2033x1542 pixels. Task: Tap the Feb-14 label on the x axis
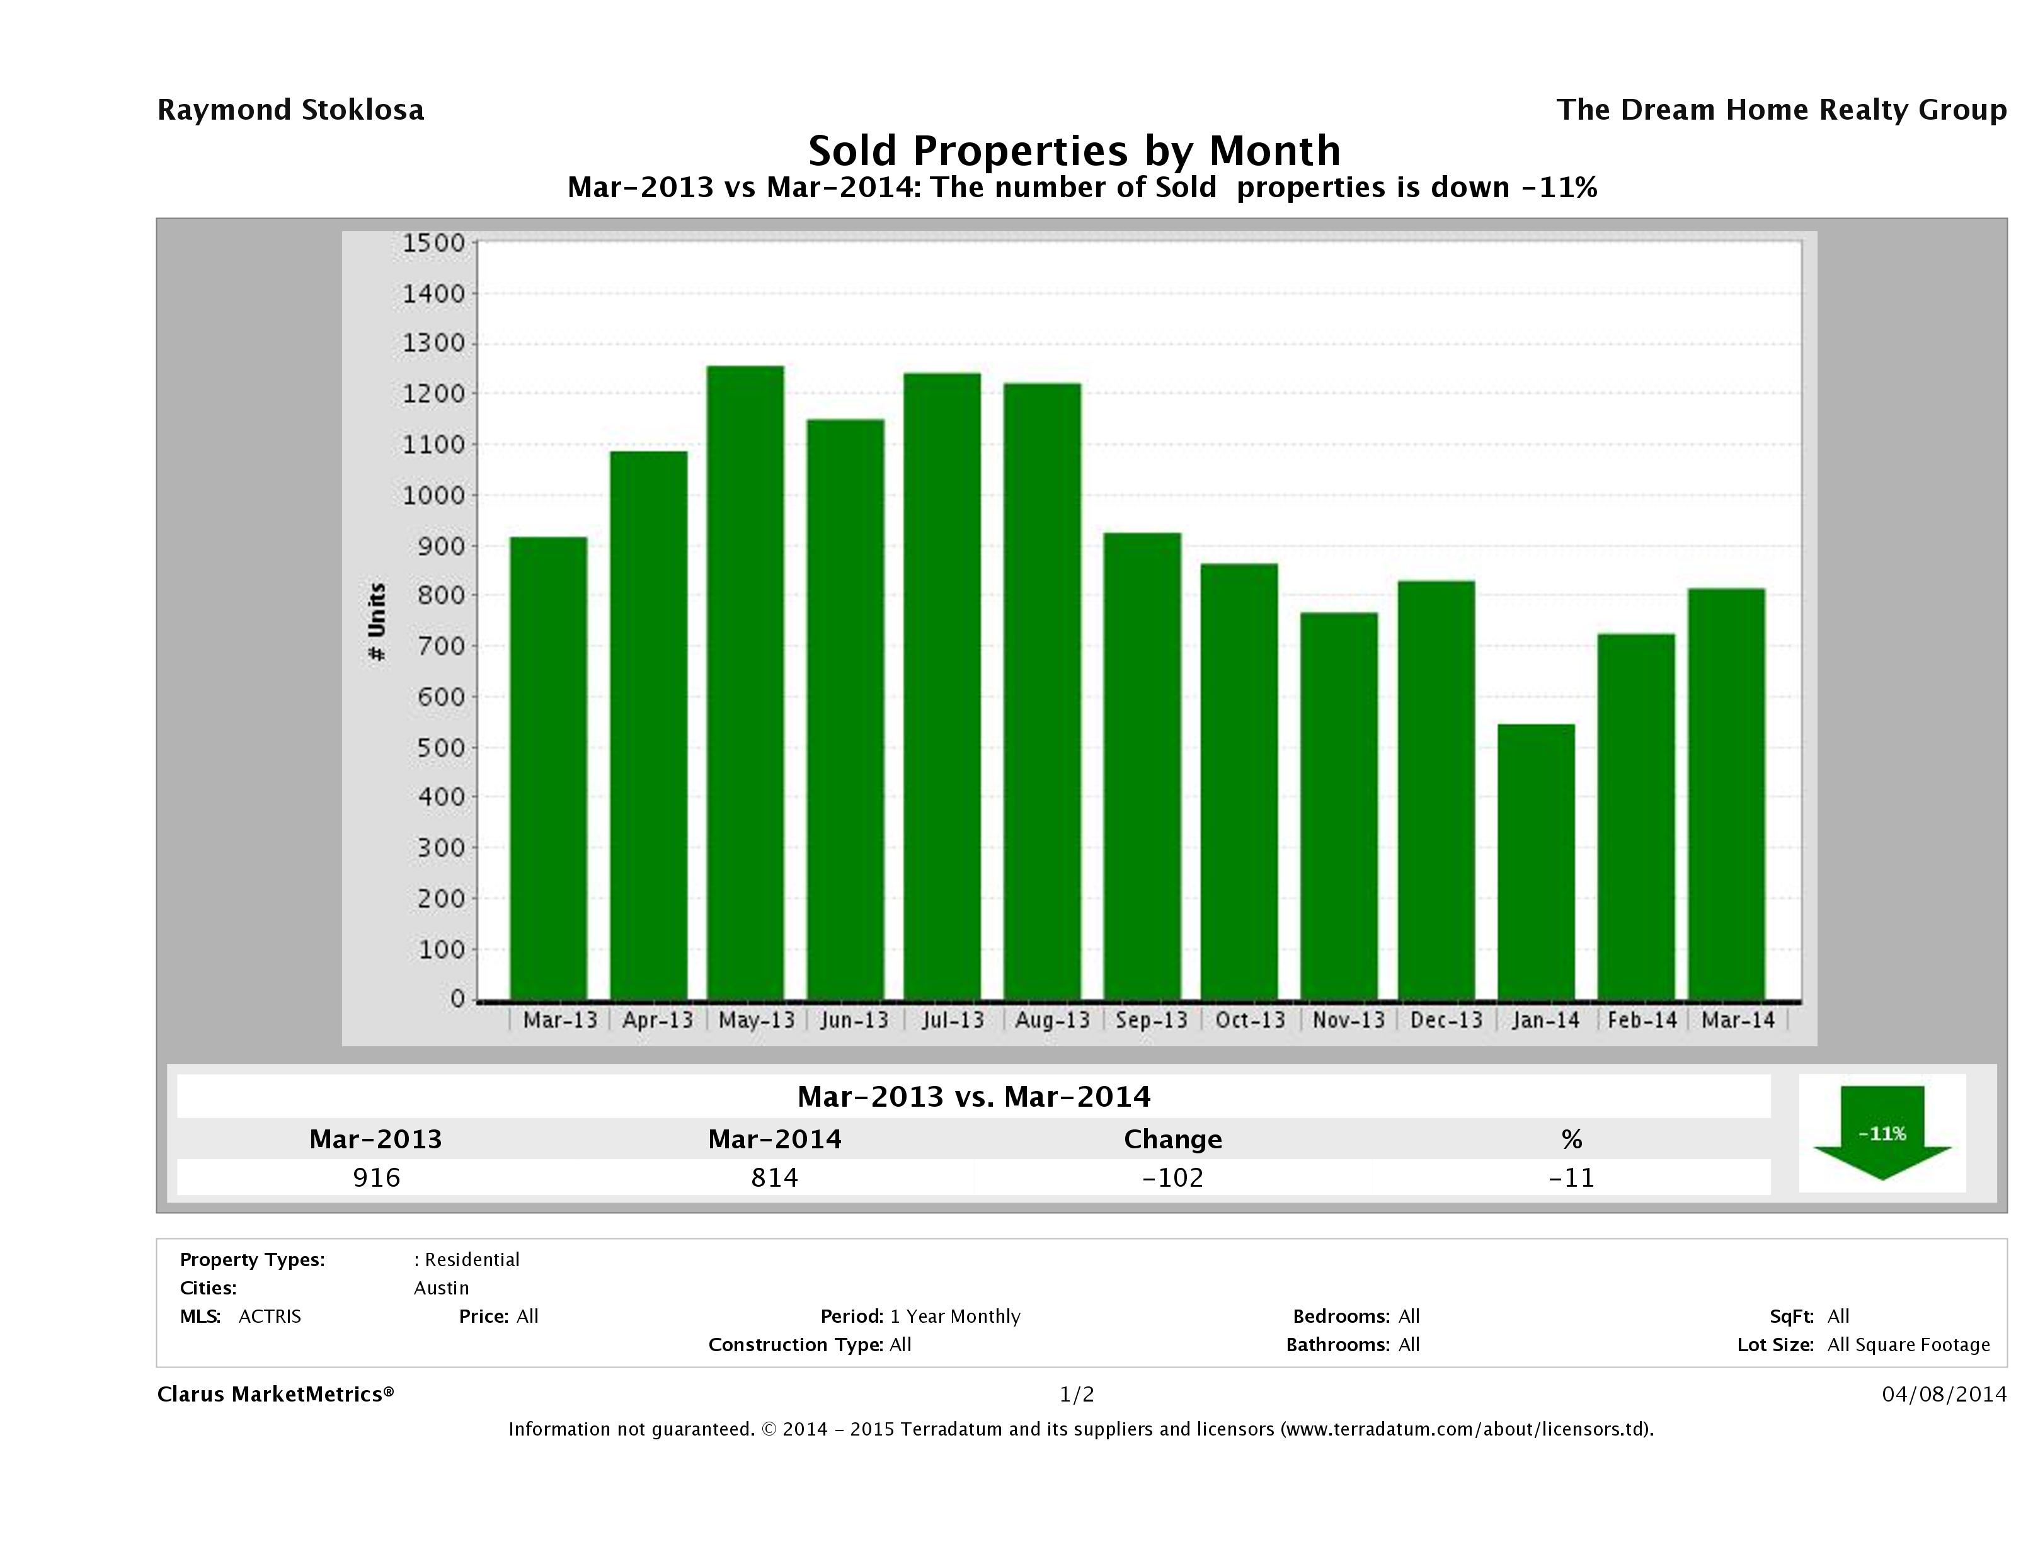pyautogui.click(x=1642, y=1020)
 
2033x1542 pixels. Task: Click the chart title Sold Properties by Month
pyautogui.click(x=1074, y=151)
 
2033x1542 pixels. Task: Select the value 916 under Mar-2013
pyautogui.click(x=377, y=1177)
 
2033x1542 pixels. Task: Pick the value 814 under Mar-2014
pyautogui.click(x=775, y=1177)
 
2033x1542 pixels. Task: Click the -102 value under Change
pyautogui.click(x=1173, y=1177)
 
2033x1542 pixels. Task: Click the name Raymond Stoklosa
pyautogui.click(x=290, y=110)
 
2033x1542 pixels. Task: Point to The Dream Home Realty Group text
pyautogui.click(x=1781, y=110)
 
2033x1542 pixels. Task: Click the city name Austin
pyautogui.click(x=441, y=1288)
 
